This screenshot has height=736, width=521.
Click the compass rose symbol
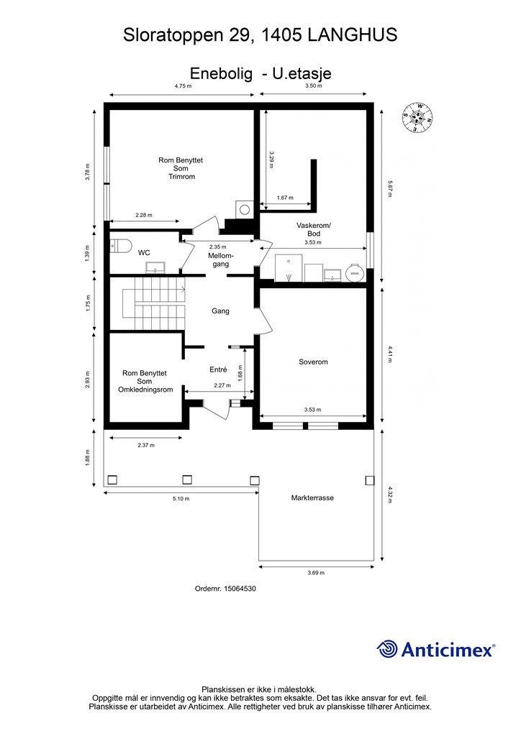coord(417,117)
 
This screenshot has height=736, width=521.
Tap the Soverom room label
coord(313,362)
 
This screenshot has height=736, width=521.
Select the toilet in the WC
coord(121,246)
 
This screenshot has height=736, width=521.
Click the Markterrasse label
coord(312,498)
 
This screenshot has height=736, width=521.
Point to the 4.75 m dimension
coord(184,86)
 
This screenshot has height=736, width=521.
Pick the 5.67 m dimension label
coord(389,189)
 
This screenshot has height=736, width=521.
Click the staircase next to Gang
coord(153,304)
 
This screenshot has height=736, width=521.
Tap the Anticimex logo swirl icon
coord(387,649)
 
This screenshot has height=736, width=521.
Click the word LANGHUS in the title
coord(353,35)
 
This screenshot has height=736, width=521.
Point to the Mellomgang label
coord(220,260)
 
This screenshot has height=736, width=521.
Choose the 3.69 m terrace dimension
coord(316,573)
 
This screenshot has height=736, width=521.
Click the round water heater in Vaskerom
coord(355,272)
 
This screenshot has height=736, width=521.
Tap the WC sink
coord(155,268)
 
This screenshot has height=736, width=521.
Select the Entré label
coord(218,370)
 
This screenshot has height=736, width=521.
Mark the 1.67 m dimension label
coord(285,198)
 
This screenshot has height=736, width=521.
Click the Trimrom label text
coord(181,177)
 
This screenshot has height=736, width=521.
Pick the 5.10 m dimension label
coord(181,499)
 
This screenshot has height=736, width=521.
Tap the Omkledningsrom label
coord(145,390)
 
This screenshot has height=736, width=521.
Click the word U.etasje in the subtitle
coord(302,74)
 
